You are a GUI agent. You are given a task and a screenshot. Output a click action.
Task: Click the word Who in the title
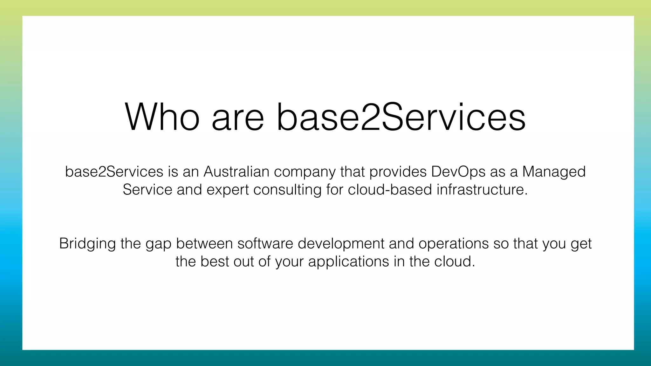click(162, 117)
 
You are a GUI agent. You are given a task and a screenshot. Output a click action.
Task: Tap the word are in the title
click(238, 117)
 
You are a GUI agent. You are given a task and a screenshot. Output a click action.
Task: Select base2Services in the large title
click(401, 117)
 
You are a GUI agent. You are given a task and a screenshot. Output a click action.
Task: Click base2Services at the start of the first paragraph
click(114, 172)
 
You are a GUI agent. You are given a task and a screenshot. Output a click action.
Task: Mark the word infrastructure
click(482, 190)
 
